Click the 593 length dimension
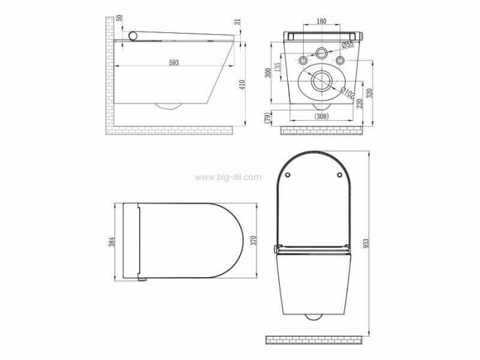[174, 63]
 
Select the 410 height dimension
[242, 84]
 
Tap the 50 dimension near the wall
[119, 18]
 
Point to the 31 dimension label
[238, 22]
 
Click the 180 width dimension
[321, 21]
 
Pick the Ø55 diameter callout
[348, 45]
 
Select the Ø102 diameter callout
[348, 93]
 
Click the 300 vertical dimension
[268, 73]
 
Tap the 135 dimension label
[277, 67]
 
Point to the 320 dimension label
[370, 93]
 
